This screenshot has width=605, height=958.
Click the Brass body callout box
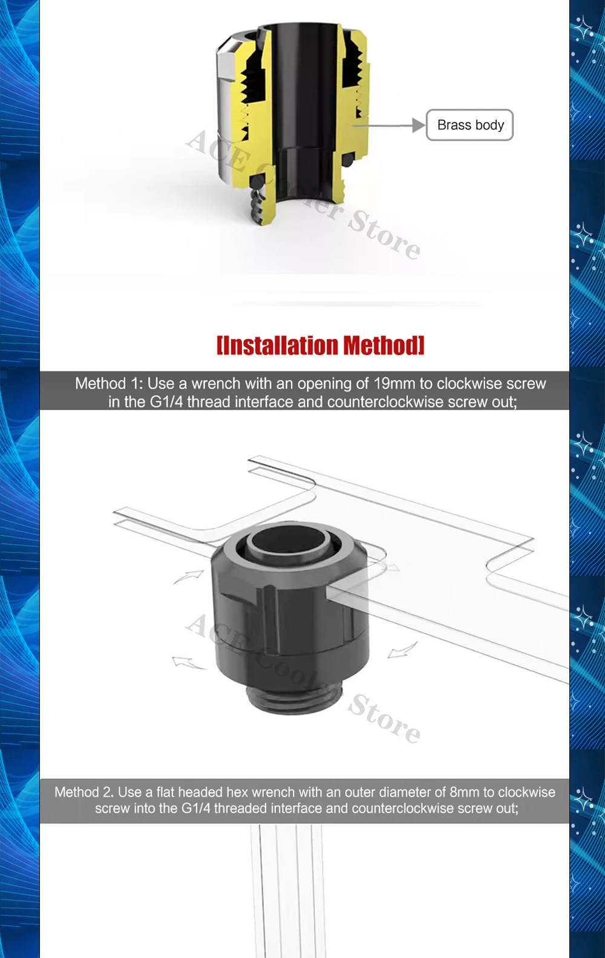[469, 125]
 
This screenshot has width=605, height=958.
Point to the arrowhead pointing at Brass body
[419, 125]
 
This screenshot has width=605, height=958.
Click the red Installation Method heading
[321, 345]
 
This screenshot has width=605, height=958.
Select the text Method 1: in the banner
[109, 383]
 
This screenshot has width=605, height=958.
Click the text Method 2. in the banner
[84, 792]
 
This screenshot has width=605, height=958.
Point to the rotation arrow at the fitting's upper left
[188, 576]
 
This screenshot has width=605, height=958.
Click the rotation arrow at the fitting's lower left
[188, 662]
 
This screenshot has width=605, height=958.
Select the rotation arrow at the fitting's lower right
[402, 650]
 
